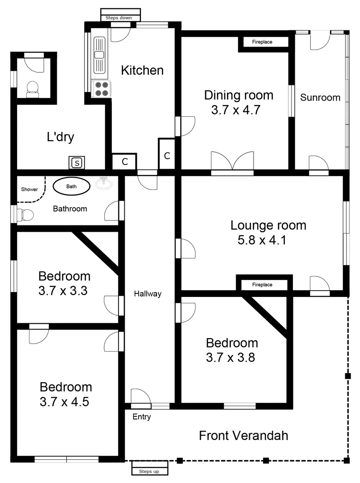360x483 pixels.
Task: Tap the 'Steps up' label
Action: [149, 471]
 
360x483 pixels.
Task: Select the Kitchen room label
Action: [143, 70]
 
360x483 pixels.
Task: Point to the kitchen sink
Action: [99, 55]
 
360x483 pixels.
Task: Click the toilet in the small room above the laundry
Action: [32, 89]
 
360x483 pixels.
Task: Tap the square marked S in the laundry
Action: [77, 163]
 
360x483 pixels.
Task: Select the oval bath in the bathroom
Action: [72, 186]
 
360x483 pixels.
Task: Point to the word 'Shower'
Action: [30, 189]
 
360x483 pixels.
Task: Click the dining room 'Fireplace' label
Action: [262, 42]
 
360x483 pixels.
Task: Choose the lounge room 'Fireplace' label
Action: [262, 284]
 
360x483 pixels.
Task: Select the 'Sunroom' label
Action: [320, 97]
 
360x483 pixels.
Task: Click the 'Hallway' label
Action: [148, 294]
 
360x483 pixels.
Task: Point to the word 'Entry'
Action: [142, 417]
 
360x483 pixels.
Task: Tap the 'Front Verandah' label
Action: [243, 435]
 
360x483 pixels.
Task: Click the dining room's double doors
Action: [232, 161]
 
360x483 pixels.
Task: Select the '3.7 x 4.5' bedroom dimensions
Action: [64, 402]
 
